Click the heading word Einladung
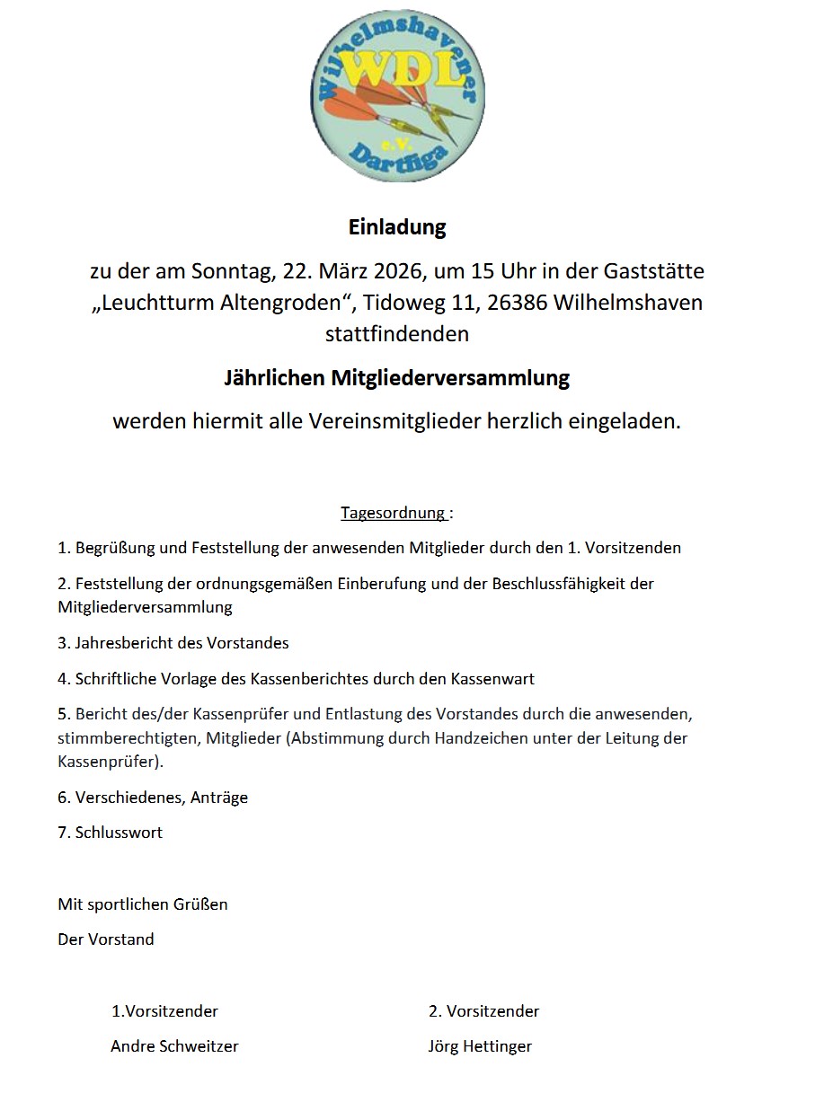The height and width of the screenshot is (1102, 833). point(397,227)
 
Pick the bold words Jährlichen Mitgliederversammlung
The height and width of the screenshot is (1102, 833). point(397,378)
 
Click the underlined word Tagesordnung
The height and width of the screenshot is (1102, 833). point(393,513)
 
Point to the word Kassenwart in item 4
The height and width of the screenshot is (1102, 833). point(498,679)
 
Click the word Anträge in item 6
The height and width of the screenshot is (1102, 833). point(219,798)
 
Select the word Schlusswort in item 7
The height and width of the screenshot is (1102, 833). point(119,833)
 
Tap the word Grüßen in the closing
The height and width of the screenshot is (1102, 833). point(202,904)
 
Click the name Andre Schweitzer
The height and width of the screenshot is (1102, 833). point(174,1046)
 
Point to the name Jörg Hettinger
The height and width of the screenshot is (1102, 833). point(480,1046)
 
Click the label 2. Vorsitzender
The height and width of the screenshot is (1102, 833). point(483,1011)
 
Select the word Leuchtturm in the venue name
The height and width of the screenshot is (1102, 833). point(155,303)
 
